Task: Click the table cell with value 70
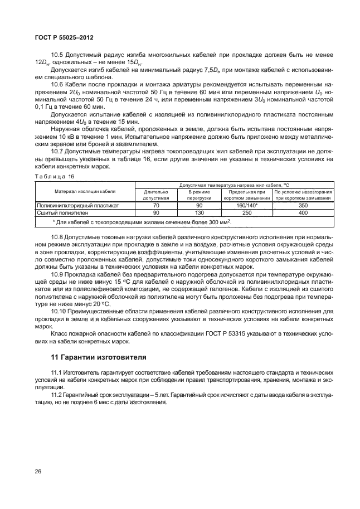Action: point(156,205)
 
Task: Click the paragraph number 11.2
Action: point(57,394)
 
